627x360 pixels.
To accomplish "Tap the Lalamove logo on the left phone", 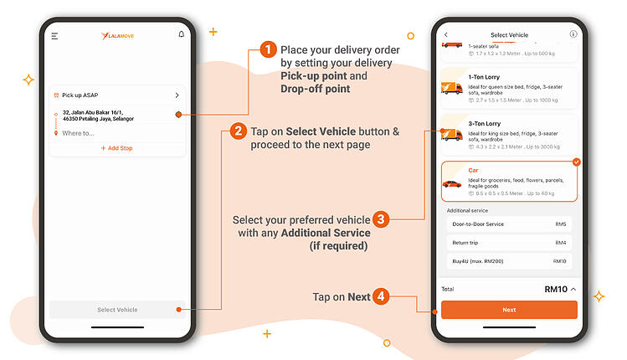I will [x=117, y=35].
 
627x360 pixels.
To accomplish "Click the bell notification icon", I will [x=182, y=34].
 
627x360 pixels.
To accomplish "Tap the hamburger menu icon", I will [x=54, y=36].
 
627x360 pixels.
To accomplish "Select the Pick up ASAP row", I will [x=116, y=95].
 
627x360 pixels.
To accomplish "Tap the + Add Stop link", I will [x=116, y=148].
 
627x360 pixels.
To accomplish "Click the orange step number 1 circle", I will [x=268, y=50].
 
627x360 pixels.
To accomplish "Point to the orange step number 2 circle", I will [x=239, y=131].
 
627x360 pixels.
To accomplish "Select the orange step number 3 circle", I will [x=380, y=219].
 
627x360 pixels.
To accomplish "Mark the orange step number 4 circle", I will [x=380, y=296].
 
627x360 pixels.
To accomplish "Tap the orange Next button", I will [x=509, y=310].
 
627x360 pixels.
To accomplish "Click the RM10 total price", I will [x=556, y=289].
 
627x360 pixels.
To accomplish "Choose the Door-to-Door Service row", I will [x=509, y=224].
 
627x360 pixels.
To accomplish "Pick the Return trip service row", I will [x=509, y=243].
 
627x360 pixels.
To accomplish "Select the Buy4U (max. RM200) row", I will [x=509, y=261].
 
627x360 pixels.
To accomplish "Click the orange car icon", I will [x=452, y=183].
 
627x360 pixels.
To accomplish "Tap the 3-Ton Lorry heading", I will [x=485, y=124].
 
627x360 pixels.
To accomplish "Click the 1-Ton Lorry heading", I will [x=485, y=77].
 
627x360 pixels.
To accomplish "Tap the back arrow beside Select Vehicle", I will [x=446, y=34].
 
